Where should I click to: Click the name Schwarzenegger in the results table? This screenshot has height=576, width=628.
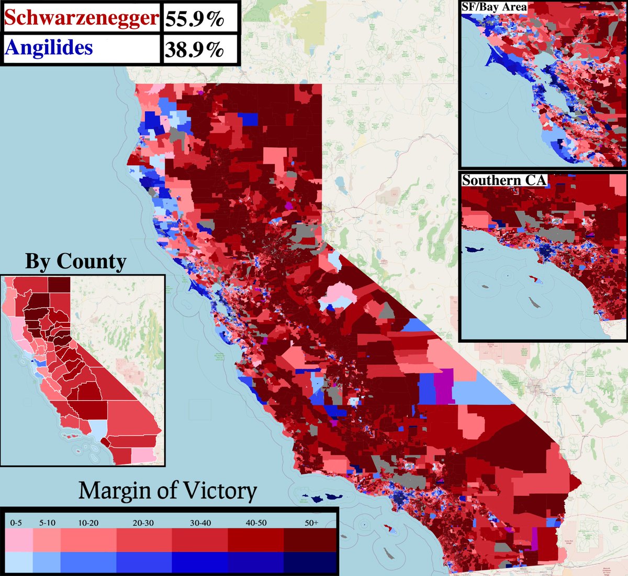pos(81,17)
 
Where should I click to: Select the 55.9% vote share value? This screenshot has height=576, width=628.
pos(194,19)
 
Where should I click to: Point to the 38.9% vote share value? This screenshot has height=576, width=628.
pos(194,49)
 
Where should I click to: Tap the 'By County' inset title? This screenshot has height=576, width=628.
pos(76,261)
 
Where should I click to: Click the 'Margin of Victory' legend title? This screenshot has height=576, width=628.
pos(167,491)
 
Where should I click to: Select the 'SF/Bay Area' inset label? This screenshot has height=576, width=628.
pos(494,7)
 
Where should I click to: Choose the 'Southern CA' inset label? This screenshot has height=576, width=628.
pos(503,180)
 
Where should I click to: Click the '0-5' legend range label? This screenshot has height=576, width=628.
pos(16,523)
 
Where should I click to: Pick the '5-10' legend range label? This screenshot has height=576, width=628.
pos(47,523)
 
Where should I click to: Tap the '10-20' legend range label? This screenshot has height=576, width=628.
pos(87,523)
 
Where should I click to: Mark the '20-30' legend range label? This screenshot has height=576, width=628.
pos(143,523)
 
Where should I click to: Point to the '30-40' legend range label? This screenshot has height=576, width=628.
pos(200,523)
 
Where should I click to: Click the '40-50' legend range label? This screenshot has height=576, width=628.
pos(255,523)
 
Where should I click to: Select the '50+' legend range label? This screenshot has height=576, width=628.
pos(311,523)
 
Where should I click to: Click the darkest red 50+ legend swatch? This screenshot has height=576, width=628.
pos(310,540)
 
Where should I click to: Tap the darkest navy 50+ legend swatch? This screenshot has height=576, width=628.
pos(310,562)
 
